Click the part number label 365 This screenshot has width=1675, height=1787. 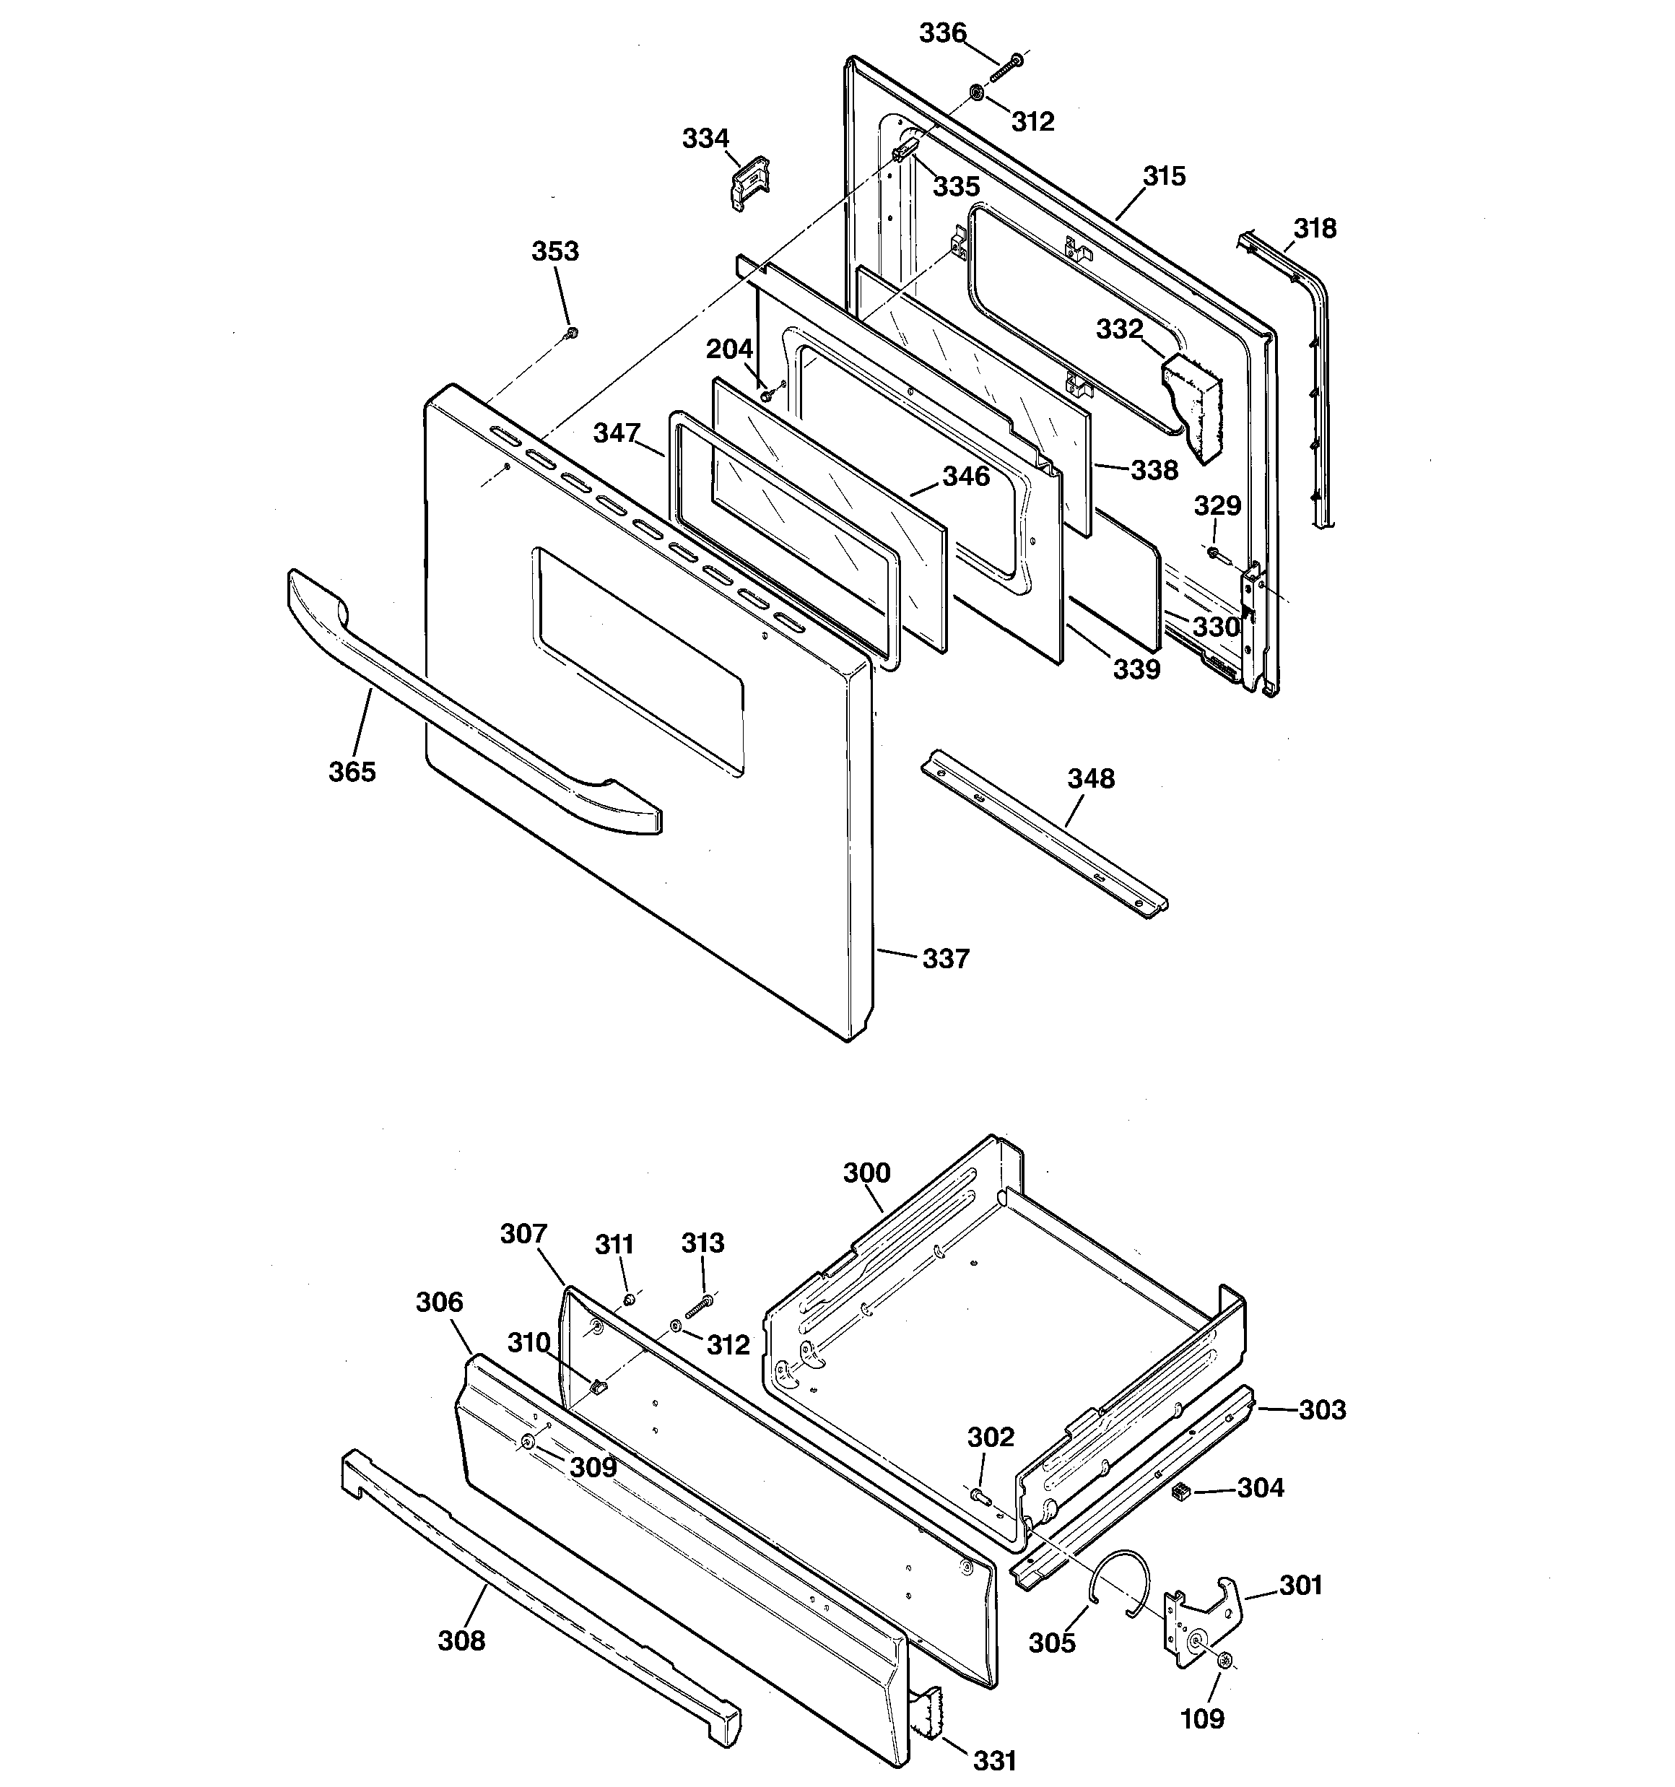[352, 771]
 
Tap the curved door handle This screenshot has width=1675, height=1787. [468, 710]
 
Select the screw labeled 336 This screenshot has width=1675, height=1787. [1008, 67]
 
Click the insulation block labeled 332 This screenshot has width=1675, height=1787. [1192, 405]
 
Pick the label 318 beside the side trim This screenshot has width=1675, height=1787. [1315, 228]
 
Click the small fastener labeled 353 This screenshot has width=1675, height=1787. [570, 334]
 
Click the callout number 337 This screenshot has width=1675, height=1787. [946, 959]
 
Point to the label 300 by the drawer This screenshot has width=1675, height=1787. [866, 1173]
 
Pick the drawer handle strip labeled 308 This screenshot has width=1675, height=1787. [539, 1582]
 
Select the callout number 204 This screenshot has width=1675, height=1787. [728, 349]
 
